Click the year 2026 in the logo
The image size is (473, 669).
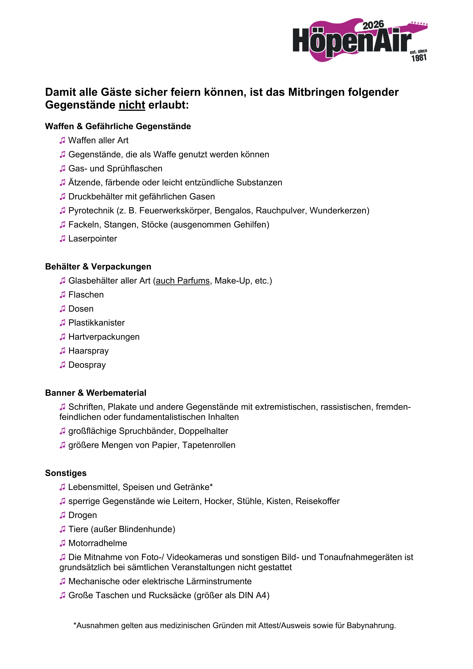pos(373,25)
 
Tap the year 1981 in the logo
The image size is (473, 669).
pos(419,58)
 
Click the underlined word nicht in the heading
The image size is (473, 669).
pos(132,105)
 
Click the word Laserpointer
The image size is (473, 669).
pos(92,239)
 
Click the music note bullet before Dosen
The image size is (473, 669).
pos(62,309)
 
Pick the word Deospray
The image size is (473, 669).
pos(87,365)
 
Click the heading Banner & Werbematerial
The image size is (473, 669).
pos(96,393)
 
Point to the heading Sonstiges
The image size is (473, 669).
pos(66,473)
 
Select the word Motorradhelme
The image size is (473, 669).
pos(98,543)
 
